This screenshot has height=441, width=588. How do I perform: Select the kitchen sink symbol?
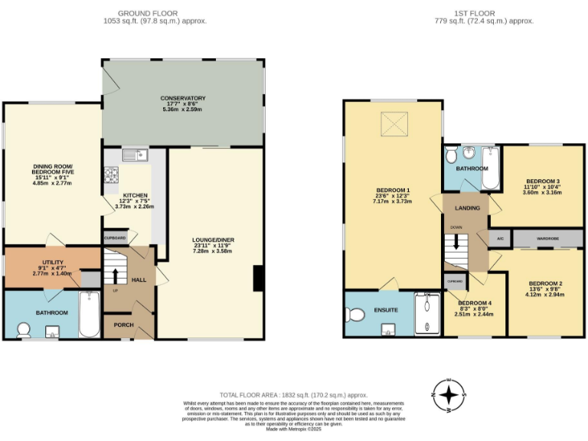134,155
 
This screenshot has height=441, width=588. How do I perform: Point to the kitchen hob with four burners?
111,177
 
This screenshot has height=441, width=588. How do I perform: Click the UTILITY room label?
53,263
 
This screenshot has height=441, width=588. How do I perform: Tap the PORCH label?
124,325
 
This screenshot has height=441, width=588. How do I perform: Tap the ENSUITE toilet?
354,314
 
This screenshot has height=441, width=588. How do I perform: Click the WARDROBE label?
548,239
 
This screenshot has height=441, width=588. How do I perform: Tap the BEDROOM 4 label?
475,303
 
